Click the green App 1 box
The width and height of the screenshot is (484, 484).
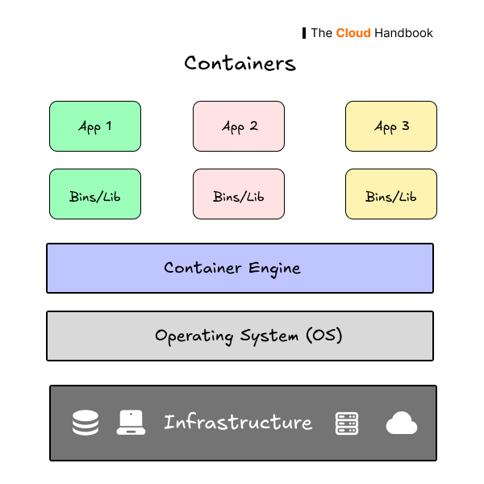[x=95, y=126]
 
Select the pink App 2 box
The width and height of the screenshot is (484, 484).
[x=239, y=126]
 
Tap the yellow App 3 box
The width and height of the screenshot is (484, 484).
[x=391, y=126]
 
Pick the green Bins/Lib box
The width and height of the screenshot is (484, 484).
[x=95, y=194]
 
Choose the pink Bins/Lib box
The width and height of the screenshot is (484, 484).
[x=239, y=194]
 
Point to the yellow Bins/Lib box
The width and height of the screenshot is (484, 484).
[x=391, y=194]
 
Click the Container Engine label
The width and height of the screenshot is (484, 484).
[x=232, y=268]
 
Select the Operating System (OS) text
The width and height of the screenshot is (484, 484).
[x=248, y=336]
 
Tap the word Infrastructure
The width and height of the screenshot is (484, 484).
[x=238, y=422]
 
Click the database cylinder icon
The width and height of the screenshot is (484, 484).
[x=86, y=423]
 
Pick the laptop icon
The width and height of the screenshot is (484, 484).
[x=131, y=423]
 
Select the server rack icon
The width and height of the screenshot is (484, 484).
[x=347, y=423]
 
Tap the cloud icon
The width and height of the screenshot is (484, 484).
[x=402, y=423]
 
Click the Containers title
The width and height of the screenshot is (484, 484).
[x=240, y=63]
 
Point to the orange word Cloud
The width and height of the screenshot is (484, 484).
[x=353, y=33]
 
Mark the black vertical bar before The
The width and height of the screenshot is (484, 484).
[x=304, y=33]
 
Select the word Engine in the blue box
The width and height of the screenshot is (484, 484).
[x=275, y=269]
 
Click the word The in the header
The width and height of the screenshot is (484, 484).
[x=321, y=33]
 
